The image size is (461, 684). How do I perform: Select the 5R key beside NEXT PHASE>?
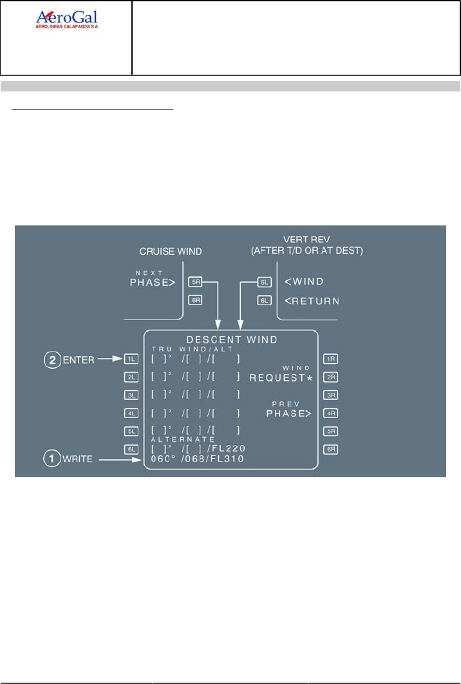pyautogui.click(x=195, y=281)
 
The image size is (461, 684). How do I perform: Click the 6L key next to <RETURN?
pyautogui.click(x=263, y=299)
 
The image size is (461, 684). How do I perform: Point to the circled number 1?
pyautogui.click(x=50, y=459)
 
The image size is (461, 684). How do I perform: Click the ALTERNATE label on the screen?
pyautogui.click(x=183, y=439)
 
